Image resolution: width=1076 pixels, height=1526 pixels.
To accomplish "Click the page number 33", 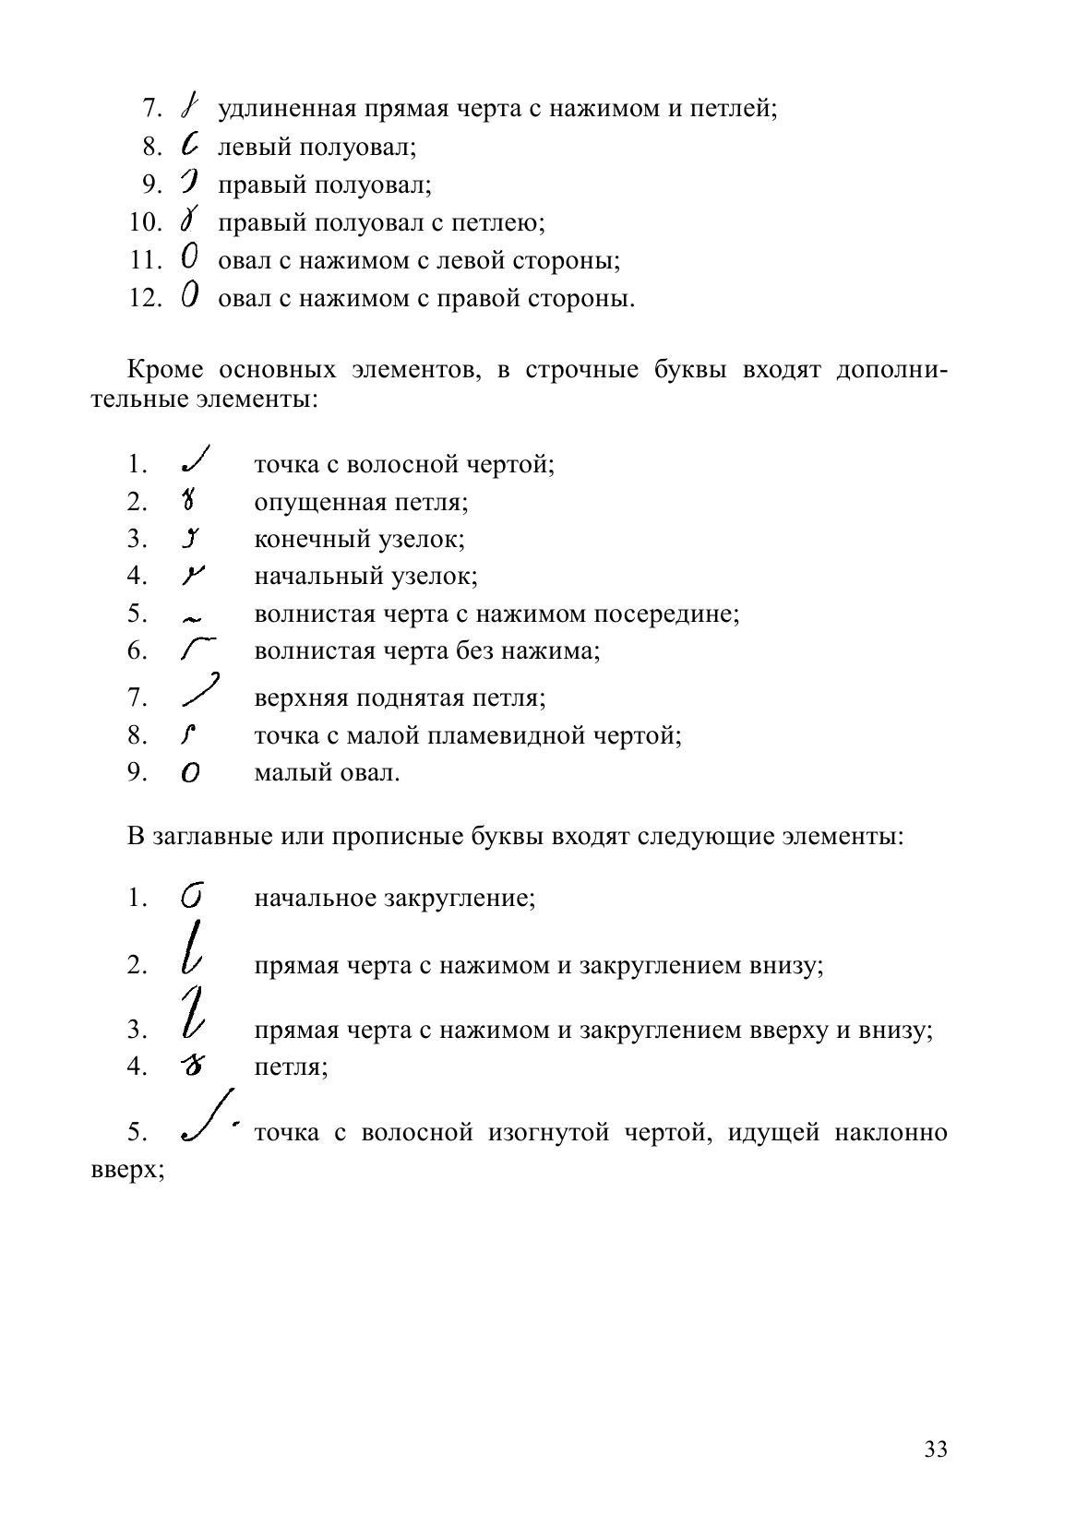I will pyautogui.click(x=935, y=1449).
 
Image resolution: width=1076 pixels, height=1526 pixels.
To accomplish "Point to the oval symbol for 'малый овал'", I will pyautogui.click(x=190, y=773).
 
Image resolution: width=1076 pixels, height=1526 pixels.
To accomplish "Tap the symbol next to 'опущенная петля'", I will pyautogui.click(x=189, y=501).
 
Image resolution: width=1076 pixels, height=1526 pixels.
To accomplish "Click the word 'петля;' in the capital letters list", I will pyautogui.click(x=291, y=1067).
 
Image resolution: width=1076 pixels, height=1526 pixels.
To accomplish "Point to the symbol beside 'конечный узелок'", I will pyautogui.click(x=191, y=538).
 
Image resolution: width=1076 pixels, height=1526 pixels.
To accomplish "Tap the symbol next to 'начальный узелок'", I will pyautogui.click(x=192, y=576).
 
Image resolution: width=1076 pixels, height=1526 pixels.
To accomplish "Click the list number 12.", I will pyautogui.click(x=146, y=299).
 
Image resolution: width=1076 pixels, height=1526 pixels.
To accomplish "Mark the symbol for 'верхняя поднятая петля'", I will pyautogui.click(x=200, y=690).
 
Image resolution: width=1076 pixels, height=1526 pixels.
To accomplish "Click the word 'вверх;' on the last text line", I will pyautogui.click(x=128, y=1170).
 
